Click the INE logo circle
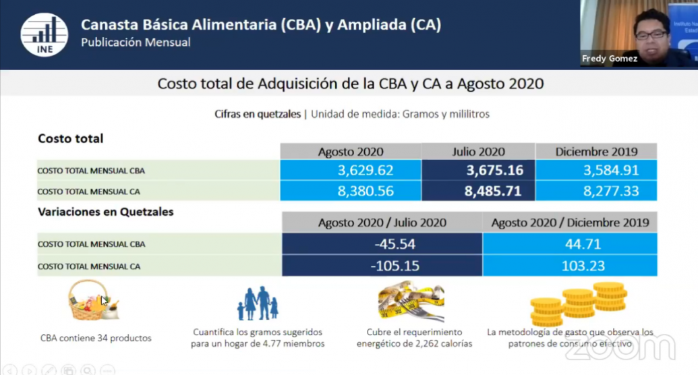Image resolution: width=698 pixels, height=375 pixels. tap(44, 35)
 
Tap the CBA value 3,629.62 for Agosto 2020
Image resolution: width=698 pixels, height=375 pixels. tap(351, 170)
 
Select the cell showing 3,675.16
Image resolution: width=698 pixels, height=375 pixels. tap(479, 170)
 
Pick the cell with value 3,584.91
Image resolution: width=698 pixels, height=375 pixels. tap(596, 170)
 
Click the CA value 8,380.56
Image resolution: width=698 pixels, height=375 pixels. tap(351, 191)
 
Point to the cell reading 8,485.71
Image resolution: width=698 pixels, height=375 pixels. tap(479, 191)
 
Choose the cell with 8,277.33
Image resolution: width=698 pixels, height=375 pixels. tap(596, 191)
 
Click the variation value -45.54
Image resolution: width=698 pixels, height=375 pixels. tap(382, 243)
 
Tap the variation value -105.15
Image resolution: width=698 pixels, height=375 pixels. tap(382, 266)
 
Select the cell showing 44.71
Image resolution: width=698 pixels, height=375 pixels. tap(570, 243)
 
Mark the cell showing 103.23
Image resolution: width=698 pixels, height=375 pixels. tap(570, 266)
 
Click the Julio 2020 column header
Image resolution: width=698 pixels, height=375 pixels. tap(479, 152)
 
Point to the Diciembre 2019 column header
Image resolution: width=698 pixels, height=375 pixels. tap(596, 152)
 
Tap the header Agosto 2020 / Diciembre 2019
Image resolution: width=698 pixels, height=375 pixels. tap(570, 223)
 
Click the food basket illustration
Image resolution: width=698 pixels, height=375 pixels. tap(92, 300)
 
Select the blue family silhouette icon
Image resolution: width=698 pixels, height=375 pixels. tap(258, 304)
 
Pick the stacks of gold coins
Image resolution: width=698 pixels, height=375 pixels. tap(578, 304)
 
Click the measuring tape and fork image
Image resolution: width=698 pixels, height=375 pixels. tap(411, 301)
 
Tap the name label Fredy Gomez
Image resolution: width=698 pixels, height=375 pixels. tap(610, 59)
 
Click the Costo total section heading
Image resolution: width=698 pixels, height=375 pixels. tap(70, 138)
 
